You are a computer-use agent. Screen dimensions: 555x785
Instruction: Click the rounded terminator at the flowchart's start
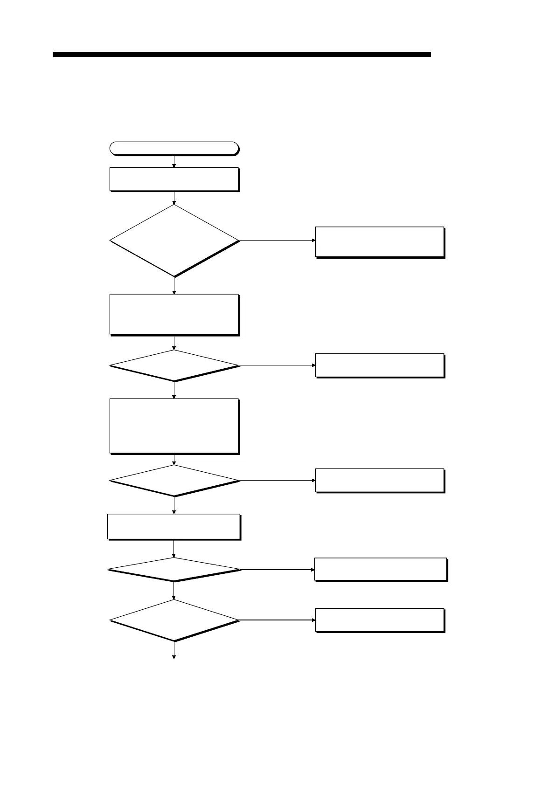tap(173, 148)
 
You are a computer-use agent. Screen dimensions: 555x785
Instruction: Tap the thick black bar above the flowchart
tap(242, 55)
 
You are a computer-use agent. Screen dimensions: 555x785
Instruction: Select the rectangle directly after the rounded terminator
tap(174, 179)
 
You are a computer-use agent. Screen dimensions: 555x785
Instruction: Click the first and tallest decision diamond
tap(174, 241)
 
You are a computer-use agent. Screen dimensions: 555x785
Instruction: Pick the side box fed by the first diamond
tap(379, 242)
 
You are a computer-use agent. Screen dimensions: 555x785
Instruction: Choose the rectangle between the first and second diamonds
tap(174, 314)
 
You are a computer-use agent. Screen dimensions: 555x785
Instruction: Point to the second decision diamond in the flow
tap(174, 366)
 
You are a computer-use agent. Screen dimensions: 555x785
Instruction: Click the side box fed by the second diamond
tap(379, 365)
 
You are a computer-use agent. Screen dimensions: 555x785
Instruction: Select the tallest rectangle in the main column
tap(174, 426)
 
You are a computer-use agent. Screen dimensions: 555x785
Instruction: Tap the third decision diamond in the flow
tap(174, 481)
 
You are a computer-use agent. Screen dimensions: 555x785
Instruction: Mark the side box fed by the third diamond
tap(379, 480)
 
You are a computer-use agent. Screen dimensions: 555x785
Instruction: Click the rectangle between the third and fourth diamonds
tap(174, 527)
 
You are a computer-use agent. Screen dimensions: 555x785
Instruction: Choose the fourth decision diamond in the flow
tap(174, 570)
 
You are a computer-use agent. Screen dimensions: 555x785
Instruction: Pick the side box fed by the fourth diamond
tap(380, 569)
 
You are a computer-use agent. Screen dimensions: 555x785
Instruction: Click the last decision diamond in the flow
tap(174, 620)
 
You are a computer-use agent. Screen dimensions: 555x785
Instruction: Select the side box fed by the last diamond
tap(379, 620)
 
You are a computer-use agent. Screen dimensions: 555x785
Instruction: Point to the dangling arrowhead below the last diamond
tap(174, 656)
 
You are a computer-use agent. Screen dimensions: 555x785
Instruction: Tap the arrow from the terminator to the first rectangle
tap(174, 161)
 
